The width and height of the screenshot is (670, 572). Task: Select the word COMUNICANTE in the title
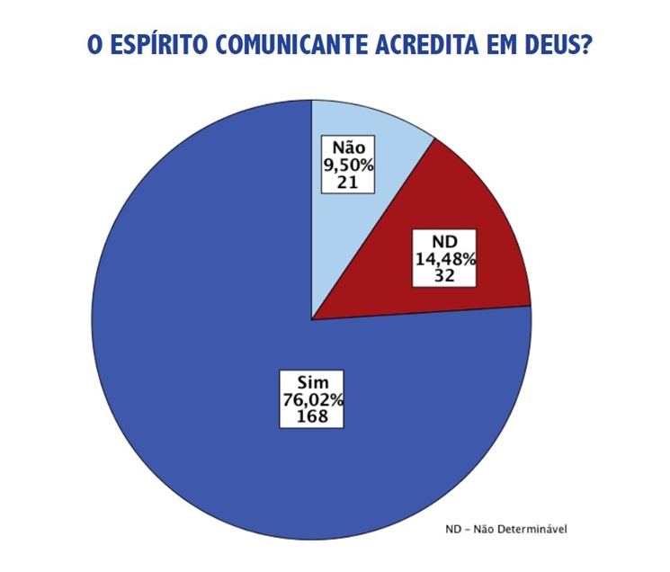pos(289,45)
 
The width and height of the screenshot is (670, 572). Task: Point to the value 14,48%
pos(445,259)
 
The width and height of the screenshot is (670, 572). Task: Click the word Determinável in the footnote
pos(533,528)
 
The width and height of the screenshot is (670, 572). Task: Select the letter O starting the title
pos(94,45)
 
